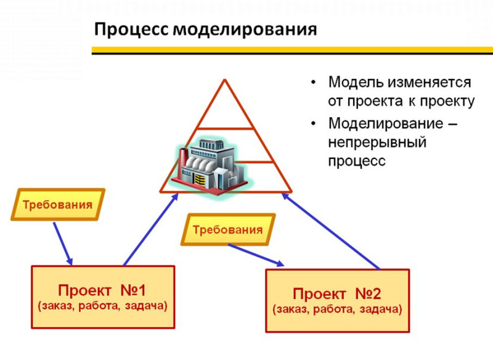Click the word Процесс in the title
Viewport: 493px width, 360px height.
(132, 30)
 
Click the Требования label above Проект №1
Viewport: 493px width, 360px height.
(57, 205)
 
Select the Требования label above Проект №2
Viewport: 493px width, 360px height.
(227, 229)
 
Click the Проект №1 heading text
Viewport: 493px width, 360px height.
(102, 290)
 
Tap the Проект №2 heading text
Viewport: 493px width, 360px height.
(336, 294)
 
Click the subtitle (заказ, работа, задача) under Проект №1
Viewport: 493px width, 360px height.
(102, 306)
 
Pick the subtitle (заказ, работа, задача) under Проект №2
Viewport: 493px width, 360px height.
(337, 309)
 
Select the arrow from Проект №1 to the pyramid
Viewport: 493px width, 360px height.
(151, 230)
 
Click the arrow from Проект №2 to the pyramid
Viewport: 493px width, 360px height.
(331, 231)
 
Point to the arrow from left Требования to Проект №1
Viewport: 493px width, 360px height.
(63, 244)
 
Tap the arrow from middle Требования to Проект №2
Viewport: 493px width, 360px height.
(256, 255)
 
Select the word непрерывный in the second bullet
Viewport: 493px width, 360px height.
(377, 142)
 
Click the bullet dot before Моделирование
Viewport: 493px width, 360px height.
(313, 123)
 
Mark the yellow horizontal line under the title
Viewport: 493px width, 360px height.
(292, 50)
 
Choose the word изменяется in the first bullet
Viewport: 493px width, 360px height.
(429, 83)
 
